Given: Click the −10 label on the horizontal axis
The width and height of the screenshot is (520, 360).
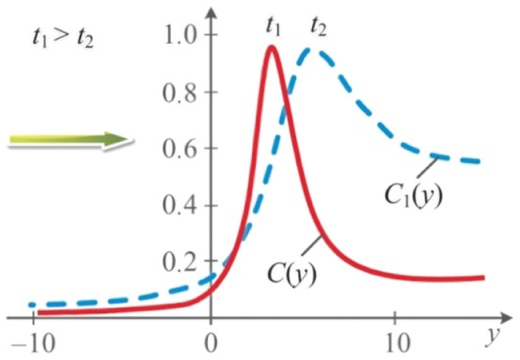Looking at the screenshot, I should (x=33, y=343).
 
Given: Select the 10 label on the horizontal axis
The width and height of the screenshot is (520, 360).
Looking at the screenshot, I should (x=397, y=343).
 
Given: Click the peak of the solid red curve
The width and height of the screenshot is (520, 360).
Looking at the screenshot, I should (x=272, y=47).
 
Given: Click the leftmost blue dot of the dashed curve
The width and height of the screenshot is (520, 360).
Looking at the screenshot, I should (x=32, y=305).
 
